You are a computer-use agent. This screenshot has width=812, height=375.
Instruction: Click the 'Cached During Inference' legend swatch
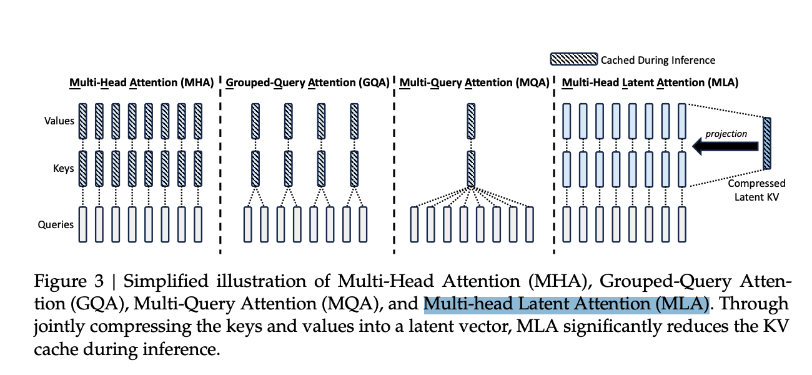click(x=573, y=60)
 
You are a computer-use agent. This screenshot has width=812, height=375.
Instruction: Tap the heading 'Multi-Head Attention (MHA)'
click(x=142, y=82)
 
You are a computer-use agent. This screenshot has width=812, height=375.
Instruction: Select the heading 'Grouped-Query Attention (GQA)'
click(x=307, y=82)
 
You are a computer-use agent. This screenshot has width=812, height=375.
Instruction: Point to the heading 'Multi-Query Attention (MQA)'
click(x=474, y=82)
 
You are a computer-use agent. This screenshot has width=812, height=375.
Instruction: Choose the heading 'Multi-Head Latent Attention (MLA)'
click(x=650, y=82)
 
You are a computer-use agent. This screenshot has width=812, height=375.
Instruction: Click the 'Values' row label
click(x=60, y=121)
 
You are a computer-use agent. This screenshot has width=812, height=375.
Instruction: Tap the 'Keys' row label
click(x=64, y=168)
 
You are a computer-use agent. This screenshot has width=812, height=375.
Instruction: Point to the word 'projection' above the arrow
click(x=726, y=133)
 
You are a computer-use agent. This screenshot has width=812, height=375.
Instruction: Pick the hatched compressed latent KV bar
click(x=766, y=143)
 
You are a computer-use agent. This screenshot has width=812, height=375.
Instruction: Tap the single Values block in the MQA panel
click(x=471, y=121)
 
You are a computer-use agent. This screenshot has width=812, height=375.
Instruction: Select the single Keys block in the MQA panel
click(x=471, y=169)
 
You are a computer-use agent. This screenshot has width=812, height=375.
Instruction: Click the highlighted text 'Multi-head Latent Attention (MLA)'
click(x=567, y=304)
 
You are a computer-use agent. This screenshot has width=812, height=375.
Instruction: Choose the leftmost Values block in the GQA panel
click(x=255, y=121)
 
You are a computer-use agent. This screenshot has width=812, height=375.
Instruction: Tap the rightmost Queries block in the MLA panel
click(x=681, y=224)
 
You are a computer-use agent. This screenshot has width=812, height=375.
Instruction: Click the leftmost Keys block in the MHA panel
click(x=82, y=169)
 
